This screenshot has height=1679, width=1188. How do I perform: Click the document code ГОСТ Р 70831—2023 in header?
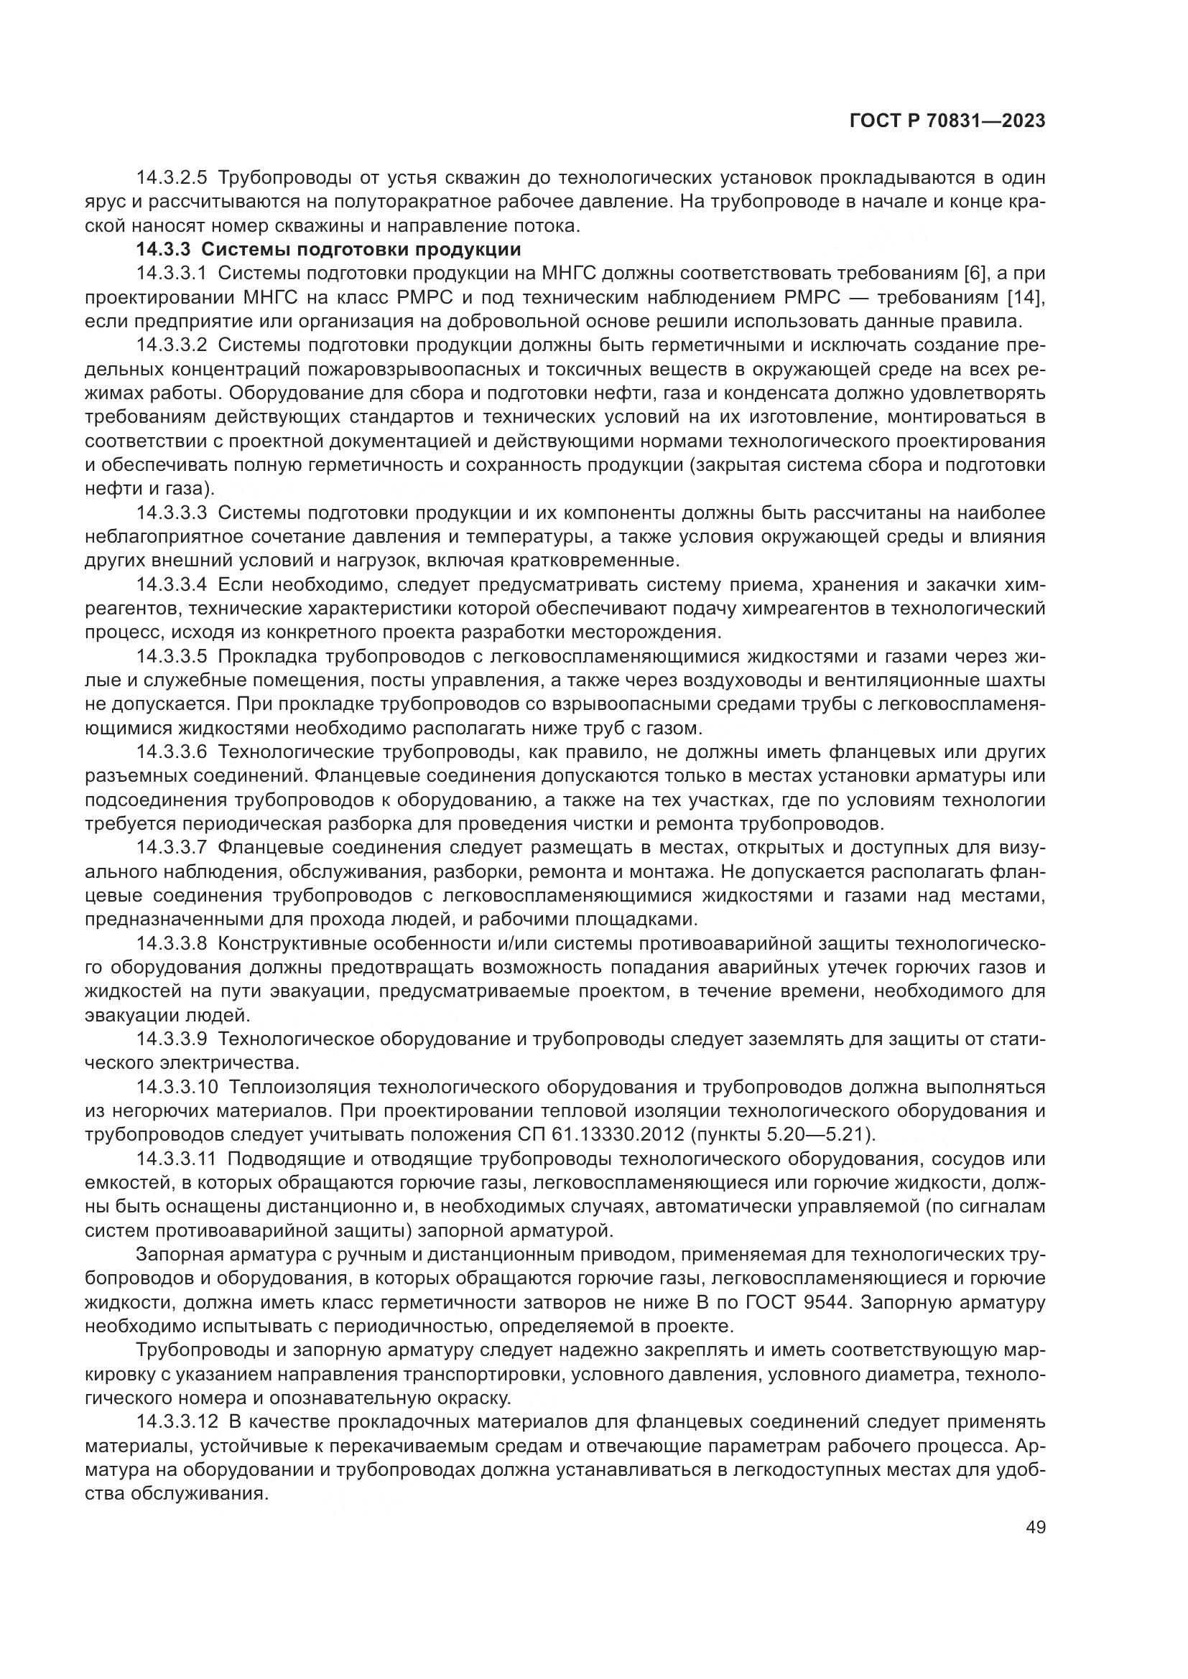pyautogui.click(x=947, y=121)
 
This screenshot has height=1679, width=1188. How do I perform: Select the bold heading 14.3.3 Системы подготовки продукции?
pyautogui.click(x=328, y=249)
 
